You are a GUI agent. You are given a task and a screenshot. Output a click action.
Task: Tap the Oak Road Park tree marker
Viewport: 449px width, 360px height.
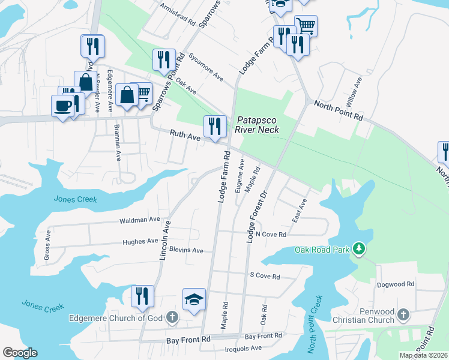click(359, 248)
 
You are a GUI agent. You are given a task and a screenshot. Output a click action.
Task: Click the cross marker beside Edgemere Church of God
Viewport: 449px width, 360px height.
click(172, 317)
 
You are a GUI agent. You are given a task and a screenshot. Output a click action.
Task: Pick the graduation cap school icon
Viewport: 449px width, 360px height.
click(194, 299)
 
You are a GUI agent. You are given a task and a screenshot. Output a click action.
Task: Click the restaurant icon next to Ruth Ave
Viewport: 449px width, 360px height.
click(215, 126)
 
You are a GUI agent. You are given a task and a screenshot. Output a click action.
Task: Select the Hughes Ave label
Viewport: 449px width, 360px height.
click(140, 241)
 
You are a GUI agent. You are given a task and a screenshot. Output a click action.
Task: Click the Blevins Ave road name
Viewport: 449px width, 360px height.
click(186, 250)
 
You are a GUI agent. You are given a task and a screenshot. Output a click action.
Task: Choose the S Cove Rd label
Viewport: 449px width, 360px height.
click(265, 277)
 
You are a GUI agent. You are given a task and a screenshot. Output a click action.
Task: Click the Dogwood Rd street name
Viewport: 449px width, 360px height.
click(397, 284)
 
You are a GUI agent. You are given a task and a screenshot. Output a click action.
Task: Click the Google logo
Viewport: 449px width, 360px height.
click(20, 353)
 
